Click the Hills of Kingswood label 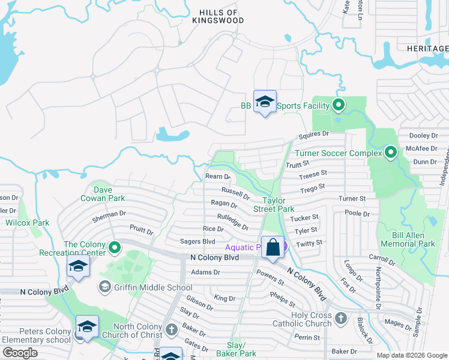click(x=218, y=16)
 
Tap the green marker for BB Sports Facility click(x=339, y=106)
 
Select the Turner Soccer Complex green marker click(x=391, y=153)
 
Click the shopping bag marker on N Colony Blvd click(x=273, y=248)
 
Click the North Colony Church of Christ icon click(x=171, y=329)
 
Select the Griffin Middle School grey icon click(x=105, y=287)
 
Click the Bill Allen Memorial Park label click(x=408, y=240)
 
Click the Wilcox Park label click(x=27, y=223)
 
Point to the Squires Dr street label click(x=318, y=134)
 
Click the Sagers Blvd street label click(x=197, y=241)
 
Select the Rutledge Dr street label click(x=233, y=221)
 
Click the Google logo click(x=20, y=353)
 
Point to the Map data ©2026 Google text click(x=412, y=355)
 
